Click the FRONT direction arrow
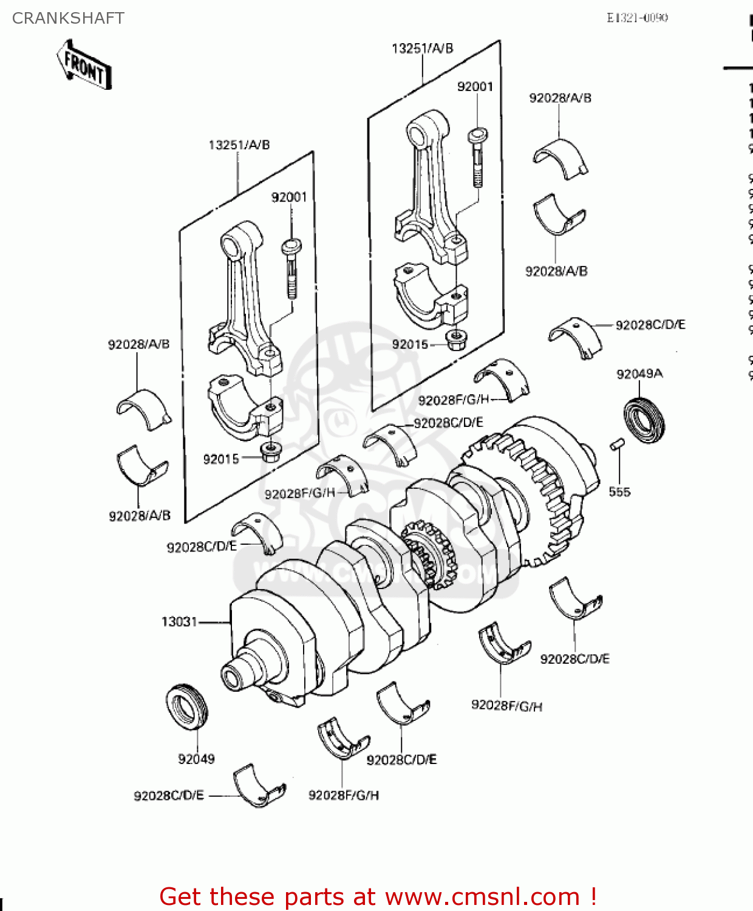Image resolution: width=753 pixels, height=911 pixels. (x=85, y=66)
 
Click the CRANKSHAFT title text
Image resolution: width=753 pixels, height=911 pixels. (x=68, y=18)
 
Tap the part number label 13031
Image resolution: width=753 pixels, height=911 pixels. (x=179, y=622)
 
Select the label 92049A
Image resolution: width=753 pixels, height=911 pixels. (x=639, y=374)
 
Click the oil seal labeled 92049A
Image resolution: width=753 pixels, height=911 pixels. (x=644, y=419)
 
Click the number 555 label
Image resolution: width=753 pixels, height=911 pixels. (x=619, y=492)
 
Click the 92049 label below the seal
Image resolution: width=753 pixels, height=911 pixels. (x=196, y=759)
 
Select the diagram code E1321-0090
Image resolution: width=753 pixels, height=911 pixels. (x=637, y=18)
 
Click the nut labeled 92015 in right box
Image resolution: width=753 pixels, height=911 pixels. (x=455, y=339)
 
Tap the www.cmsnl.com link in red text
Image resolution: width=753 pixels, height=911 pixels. (x=482, y=896)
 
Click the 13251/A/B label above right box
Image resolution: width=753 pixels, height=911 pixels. (x=422, y=49)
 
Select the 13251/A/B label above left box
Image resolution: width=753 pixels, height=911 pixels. (x=239, y=145)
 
